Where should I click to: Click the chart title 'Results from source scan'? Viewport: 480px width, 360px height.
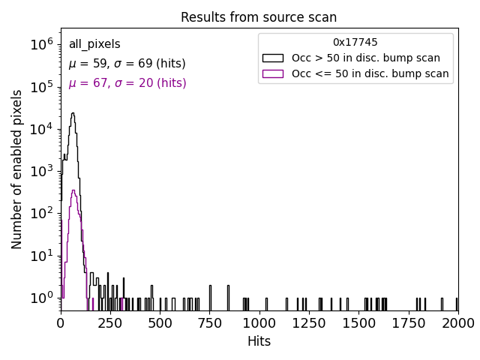(x=259, y=17)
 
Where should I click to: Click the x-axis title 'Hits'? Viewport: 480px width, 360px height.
(x=259, y=341)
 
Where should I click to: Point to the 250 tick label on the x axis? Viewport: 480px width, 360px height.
(x=110, y=322)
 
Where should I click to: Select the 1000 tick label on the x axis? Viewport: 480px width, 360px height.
(x=259, y=322)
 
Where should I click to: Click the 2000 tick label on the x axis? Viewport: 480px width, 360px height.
(x=457, y=322)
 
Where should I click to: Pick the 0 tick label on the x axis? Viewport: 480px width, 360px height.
(x=61, y=322)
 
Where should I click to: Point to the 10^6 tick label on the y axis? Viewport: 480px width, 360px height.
(x=40, y=45)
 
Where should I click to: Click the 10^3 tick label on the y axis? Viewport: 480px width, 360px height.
(x=40, y=171)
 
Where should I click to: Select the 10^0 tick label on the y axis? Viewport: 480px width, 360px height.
(x=40, y=298)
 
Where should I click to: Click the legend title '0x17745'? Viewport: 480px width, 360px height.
(x=355, y=42)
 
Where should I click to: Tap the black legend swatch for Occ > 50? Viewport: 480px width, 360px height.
(x=272, y=58)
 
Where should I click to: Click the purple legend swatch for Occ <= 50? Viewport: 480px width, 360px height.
(x=272, y=73)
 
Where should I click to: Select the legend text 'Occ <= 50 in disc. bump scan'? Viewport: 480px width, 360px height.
(x=370, y=73)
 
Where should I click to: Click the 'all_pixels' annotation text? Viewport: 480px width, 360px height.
(x=94, y=44)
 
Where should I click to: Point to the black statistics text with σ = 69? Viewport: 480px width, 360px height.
(x=127, y=64)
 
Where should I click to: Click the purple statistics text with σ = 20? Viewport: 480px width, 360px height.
(x=127, y=83)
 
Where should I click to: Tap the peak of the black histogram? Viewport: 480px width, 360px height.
(x=73, y=113)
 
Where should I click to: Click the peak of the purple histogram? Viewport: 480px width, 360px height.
(x=73, y=190)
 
